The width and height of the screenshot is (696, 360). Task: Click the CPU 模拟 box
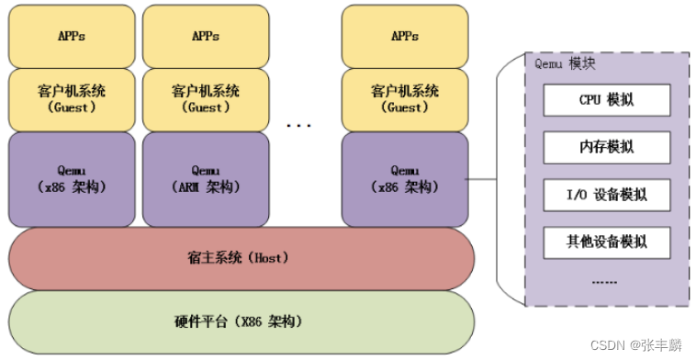[x=607, y=99]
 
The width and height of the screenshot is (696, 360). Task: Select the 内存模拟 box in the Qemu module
[x=607, y=147]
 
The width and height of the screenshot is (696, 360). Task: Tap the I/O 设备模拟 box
[x=607, y=195]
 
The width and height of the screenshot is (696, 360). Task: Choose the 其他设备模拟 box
[x=607, y=242]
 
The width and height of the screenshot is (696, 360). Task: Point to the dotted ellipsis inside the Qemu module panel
[x=605, y=281]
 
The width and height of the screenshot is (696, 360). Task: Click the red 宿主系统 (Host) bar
[x=241, y=258]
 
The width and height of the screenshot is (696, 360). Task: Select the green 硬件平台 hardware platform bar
[x=241, y=321]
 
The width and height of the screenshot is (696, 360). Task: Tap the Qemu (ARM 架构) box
[x=206, y=179]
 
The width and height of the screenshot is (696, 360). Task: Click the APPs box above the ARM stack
[x=206, y=36]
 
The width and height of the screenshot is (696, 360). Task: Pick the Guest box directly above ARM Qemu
[x=206, y=99]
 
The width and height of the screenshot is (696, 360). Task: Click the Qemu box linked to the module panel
[x=405, y=179]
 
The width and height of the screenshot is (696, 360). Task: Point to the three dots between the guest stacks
[x=299, y=123]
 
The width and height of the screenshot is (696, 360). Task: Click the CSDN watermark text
[x=640, y=345]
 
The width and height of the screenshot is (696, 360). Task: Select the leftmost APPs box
[x=72, y=36]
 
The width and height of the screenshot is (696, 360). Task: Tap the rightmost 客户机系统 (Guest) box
[x=405, y=99]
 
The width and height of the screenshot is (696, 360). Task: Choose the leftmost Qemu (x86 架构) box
[x=72, y=179]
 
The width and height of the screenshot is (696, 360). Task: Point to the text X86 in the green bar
[x=254, y=321]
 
